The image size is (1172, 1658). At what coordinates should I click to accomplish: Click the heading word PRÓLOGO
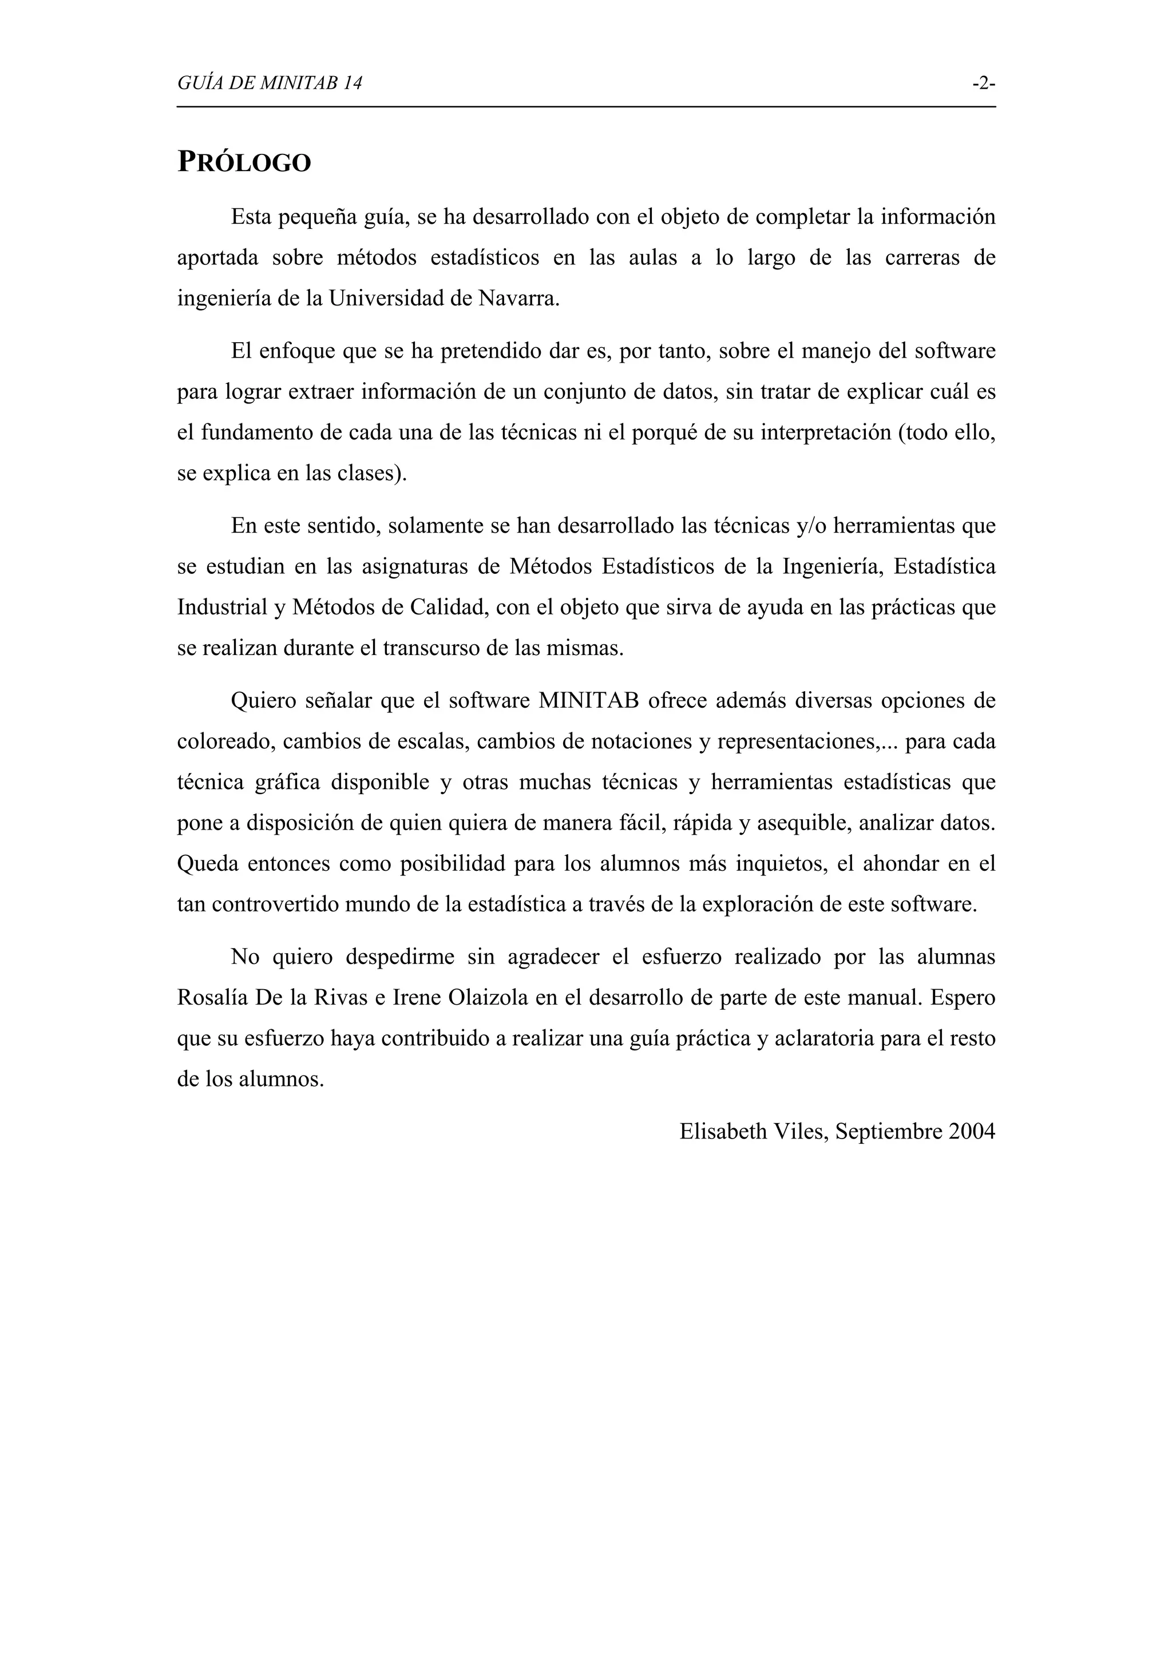coord(244,162)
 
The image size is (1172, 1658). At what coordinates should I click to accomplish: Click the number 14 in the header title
coord(353,84)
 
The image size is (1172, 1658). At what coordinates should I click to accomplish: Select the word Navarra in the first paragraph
coord(518,298)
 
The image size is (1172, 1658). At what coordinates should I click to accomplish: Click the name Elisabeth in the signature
coord(723,1132)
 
